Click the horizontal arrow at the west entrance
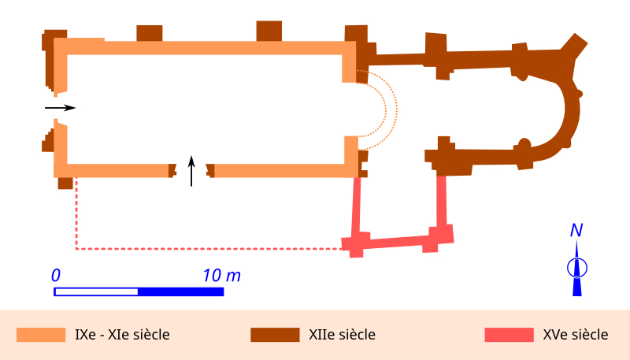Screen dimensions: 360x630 pyautogui.click(x=60, y=107)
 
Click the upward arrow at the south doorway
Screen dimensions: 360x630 pyautogui.click(x=191, y=171)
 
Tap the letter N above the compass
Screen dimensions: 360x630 pyautogui.click(x=576, y=231)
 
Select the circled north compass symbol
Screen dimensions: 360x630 pyautogui.click(x=576, y=268)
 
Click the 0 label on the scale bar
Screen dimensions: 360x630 pyautogui.click(x=56, y=276)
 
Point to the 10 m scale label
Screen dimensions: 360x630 pyautogui.click(x=221, y=276)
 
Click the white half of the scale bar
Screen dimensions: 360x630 pyautogui.click(x=96, y=291)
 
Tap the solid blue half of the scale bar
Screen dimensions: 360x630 pyautogui.click(x=180, y=291)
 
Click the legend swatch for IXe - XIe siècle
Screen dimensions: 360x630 pyautogui.click(x=41, y=335)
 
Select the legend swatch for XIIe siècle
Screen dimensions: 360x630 pyautogui.click(x=275, y=335)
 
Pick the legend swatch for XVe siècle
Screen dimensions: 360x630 pyautogui.click(x=509, y=335)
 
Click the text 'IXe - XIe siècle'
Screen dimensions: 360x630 pyautogui.click(x=122, y=335)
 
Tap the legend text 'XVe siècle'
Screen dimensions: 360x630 pyautogui.click(x=576, y=335)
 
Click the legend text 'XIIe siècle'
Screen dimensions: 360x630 pyautogui.click(x=343, y=335)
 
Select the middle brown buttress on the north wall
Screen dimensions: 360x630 pyautogui.click(x=269, y=30)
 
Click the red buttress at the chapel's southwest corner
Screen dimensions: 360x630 pyautogui.click(x=355, y=245)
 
